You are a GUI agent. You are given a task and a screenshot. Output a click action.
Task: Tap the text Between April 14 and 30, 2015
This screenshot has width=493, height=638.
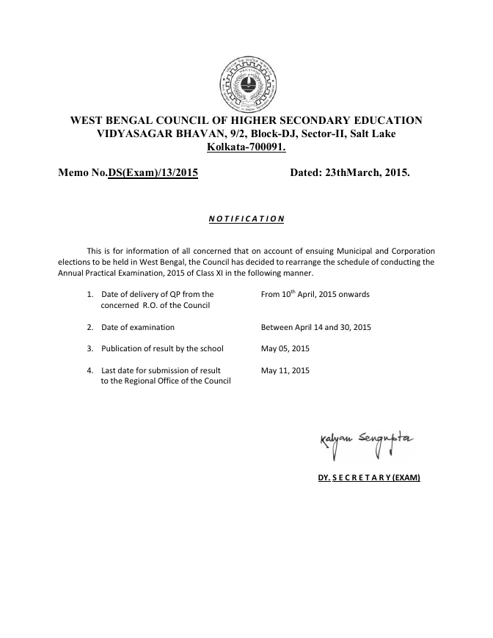tap(316, 327)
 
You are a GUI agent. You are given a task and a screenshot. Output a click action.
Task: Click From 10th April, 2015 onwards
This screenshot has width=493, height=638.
tap(315, 294)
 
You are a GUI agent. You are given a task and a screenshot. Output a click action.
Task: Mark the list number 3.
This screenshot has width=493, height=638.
tap(90, 348)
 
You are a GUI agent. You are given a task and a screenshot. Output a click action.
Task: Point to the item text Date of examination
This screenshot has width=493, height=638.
tap(138, 327)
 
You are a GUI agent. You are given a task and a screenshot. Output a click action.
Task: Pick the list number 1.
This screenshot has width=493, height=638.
tap(90, 294)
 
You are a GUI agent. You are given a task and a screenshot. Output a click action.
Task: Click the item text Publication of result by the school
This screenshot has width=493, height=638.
tap(162, 348)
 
